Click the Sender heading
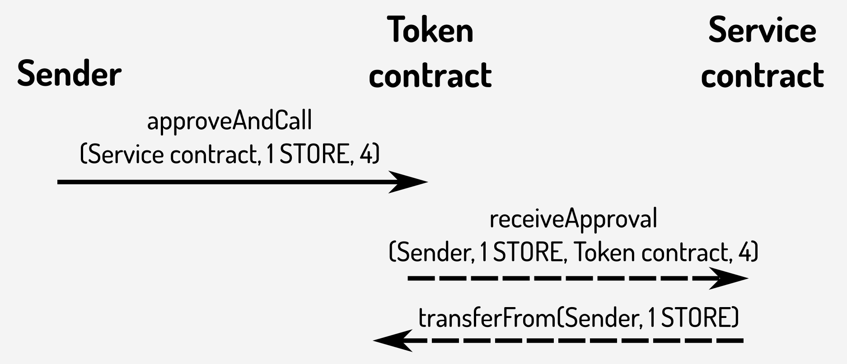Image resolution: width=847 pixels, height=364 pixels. pos(69,74)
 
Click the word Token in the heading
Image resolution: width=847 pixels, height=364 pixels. pos(430,30)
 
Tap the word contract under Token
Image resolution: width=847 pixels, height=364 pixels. pos(430,75)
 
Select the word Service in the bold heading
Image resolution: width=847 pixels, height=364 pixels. pos(762,30)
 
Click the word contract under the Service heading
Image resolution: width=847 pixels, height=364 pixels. pos(762,75)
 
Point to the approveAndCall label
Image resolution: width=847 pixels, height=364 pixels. pos(229,121)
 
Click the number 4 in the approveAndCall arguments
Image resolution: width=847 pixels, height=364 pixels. pos(366,155)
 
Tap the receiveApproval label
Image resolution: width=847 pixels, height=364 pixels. pos(573,219)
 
